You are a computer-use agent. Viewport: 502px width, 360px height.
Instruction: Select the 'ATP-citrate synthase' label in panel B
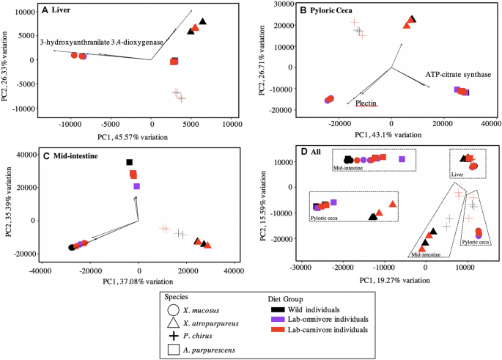tap(458, 75)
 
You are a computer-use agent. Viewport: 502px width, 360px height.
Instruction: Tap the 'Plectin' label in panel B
tap(366, 103)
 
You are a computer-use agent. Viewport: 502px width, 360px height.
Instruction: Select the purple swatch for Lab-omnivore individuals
tap(281, 319)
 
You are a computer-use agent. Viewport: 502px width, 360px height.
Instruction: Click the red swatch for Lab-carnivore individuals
tap(281, 329)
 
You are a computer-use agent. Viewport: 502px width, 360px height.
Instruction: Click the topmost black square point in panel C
tap(130, 162)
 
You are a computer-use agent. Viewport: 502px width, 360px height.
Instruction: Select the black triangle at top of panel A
tap(203, 22)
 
